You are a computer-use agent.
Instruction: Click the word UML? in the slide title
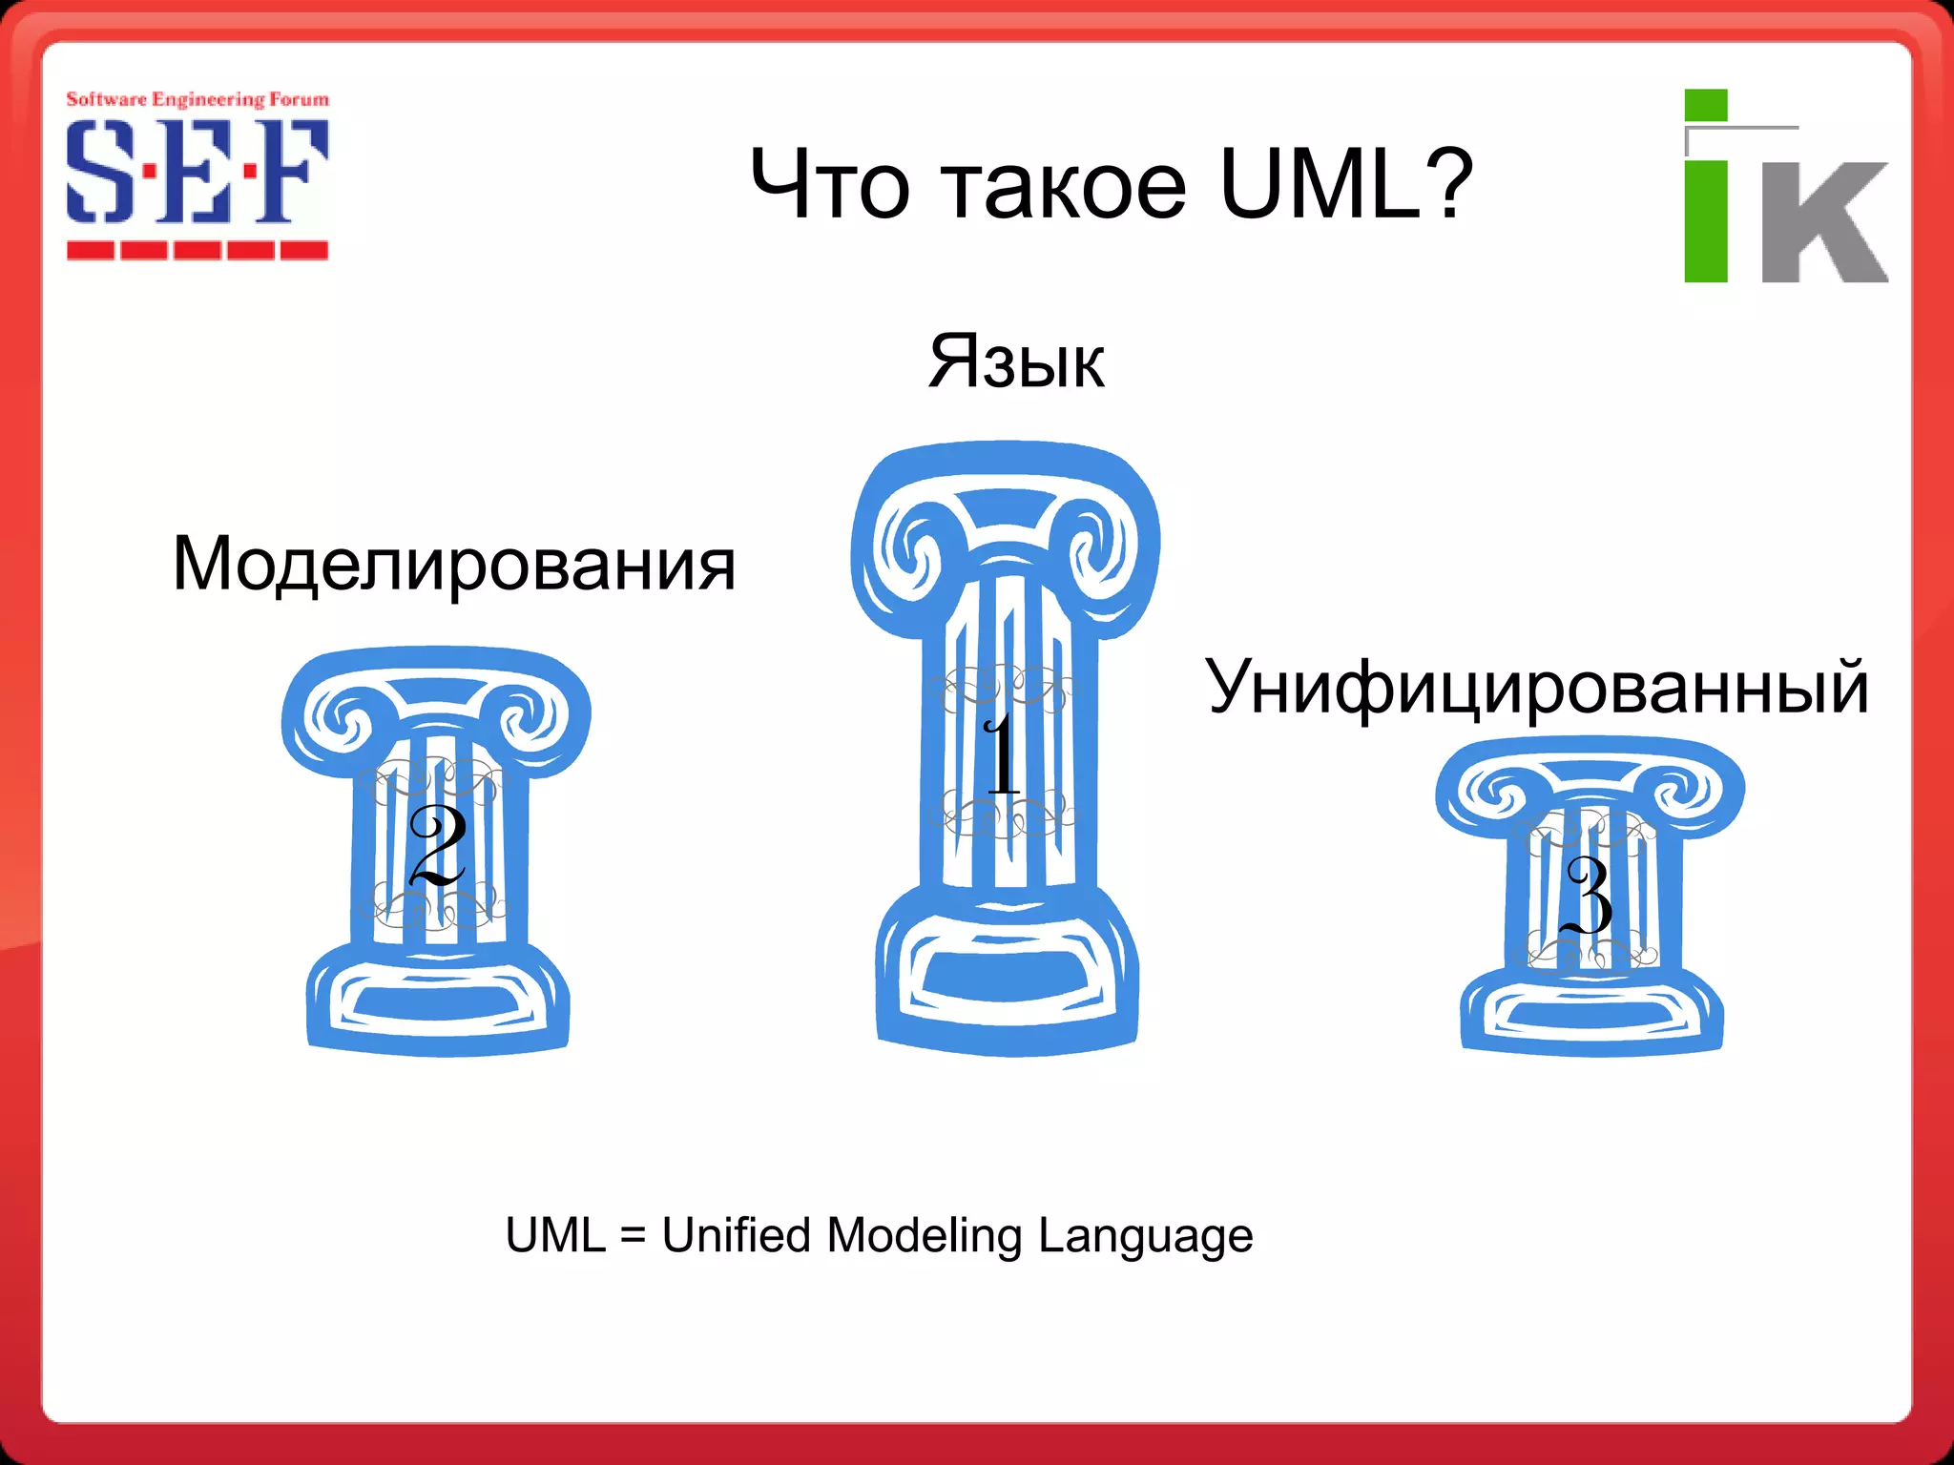coord(1346,184)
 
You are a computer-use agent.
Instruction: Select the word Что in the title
coord(829,184)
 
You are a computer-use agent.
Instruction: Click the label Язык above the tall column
coord(1017,361)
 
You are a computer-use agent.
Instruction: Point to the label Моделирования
coord(454,564)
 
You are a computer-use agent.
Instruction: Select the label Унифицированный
coord(1536,687)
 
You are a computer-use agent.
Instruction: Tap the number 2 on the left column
coord(437,844)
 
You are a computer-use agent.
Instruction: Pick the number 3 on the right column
coord(1589,894)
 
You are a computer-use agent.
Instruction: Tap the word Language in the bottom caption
coord(1145,1235)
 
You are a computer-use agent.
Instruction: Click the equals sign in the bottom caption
coord(633,1236)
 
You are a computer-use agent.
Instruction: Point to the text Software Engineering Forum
coord(197,99)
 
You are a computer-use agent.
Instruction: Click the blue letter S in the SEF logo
coord(98,173)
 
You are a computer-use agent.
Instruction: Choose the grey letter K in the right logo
coord(1822,222)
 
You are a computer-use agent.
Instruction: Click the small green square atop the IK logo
coord(1706,105)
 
